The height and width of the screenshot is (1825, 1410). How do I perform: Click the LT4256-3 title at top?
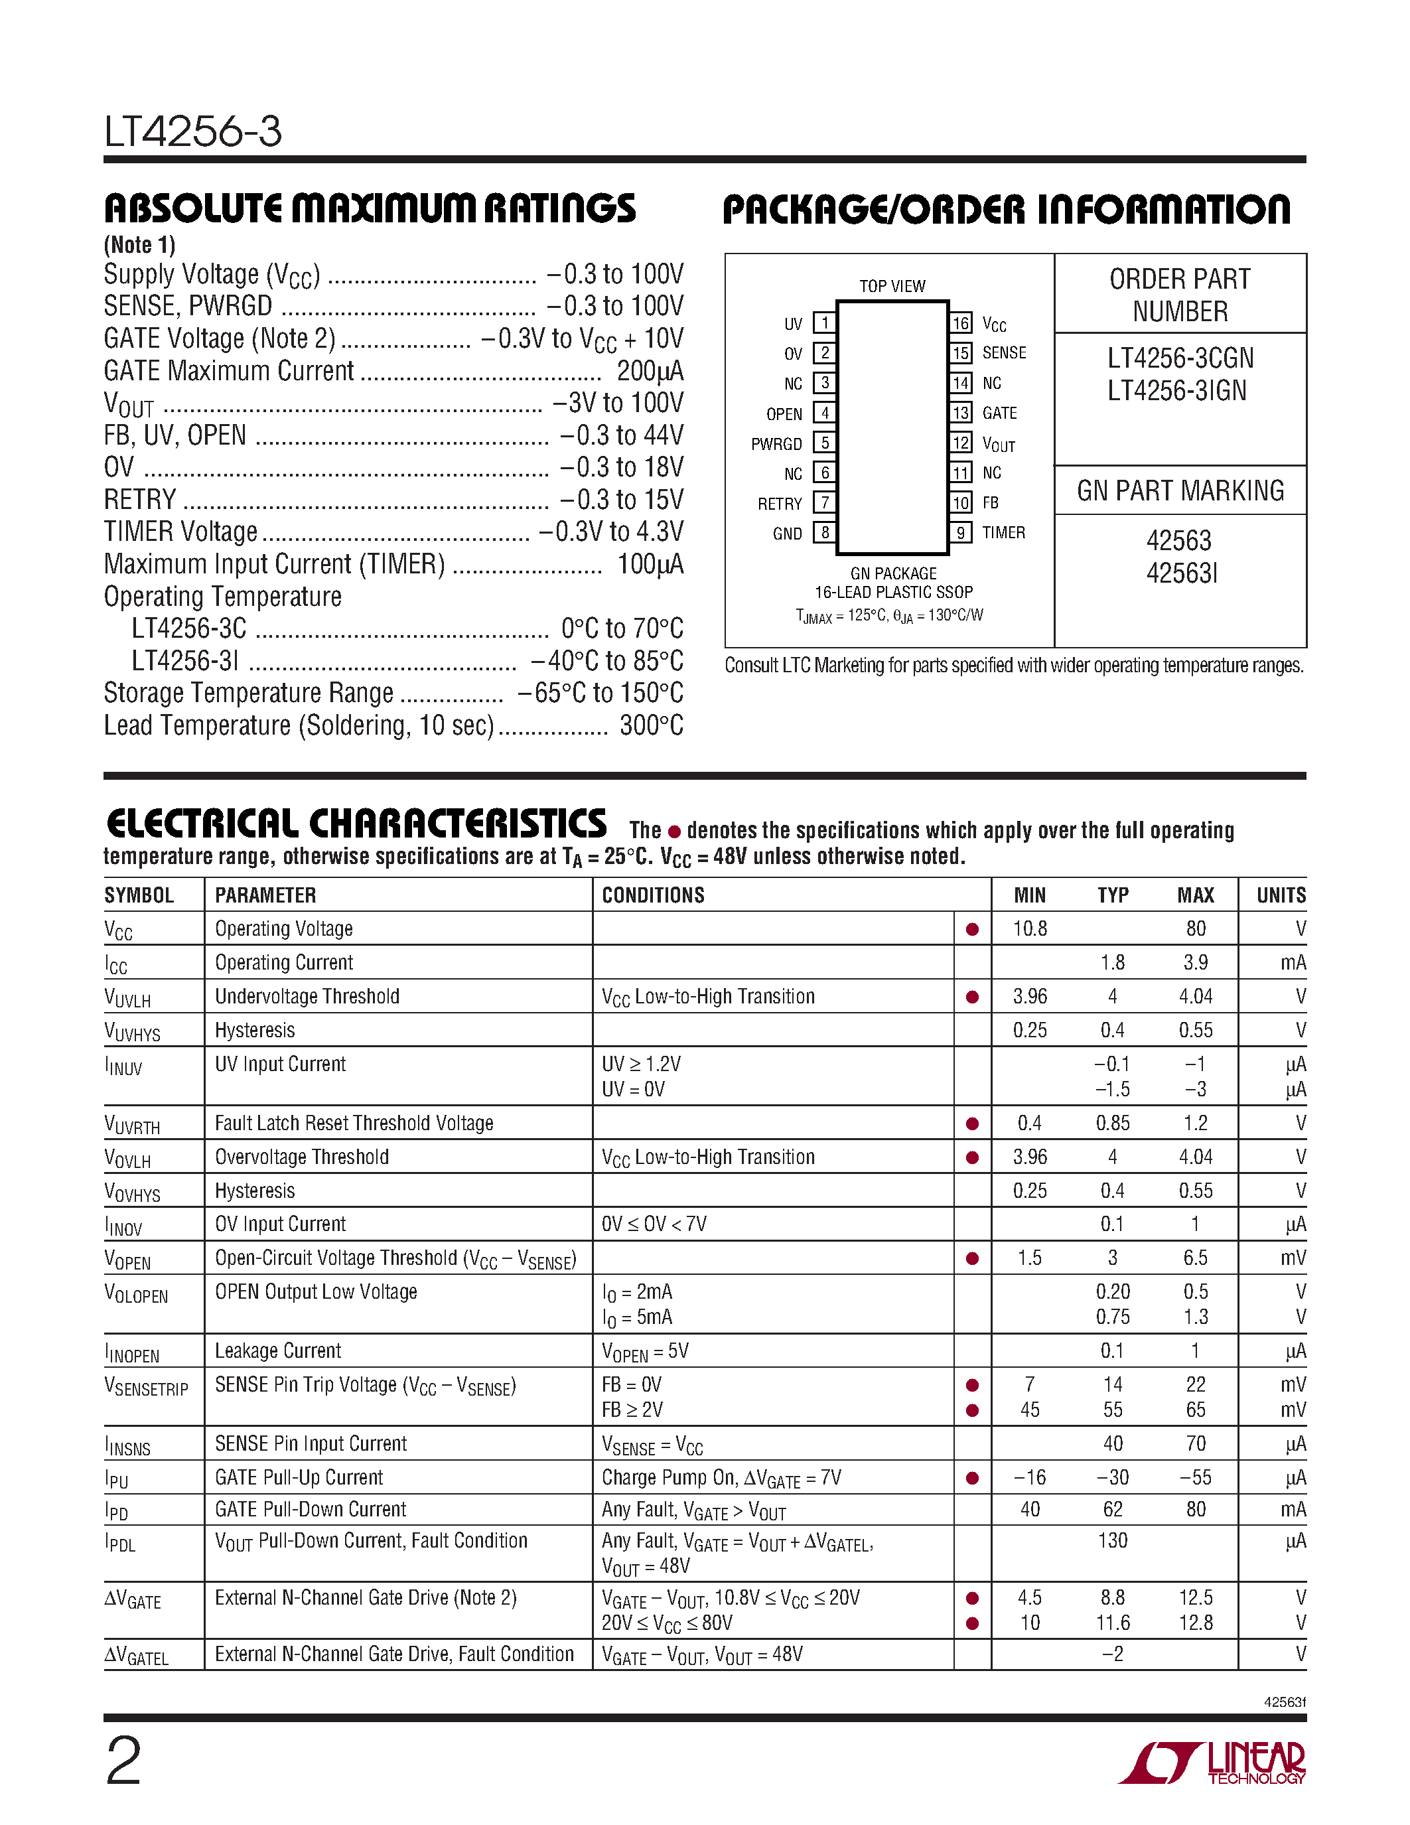point(193,132)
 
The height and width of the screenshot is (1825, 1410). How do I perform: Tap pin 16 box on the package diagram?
point(961,323)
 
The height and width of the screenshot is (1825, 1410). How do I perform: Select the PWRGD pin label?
point(776,445)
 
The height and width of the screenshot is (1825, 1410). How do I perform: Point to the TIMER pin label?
point(1003,532)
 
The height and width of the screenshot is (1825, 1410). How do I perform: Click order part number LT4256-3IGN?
point(1177,391)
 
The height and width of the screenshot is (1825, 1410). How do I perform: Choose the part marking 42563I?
point(1181,573)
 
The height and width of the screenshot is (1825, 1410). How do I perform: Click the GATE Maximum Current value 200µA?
point(650,371)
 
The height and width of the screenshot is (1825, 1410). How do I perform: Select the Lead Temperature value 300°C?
point(651,725)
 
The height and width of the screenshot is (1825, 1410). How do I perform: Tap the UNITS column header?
point(1281,895)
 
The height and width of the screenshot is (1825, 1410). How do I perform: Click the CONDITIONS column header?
point(653,895)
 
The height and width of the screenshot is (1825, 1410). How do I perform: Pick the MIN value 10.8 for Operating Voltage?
point(1030,928)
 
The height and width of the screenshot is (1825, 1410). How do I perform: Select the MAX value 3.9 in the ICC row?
point(1195,963)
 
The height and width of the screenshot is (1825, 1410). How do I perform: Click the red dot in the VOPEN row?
point(972,1258)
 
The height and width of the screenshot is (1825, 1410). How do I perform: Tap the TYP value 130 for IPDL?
point(1113,1541)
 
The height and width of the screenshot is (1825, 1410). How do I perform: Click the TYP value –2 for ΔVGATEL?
point(1113,1654)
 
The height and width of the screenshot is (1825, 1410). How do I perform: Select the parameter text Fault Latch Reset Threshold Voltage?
point(354,1123)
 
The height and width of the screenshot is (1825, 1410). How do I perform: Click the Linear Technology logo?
point(1212,1763)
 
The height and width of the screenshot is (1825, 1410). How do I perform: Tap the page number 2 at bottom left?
point(123,1760)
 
